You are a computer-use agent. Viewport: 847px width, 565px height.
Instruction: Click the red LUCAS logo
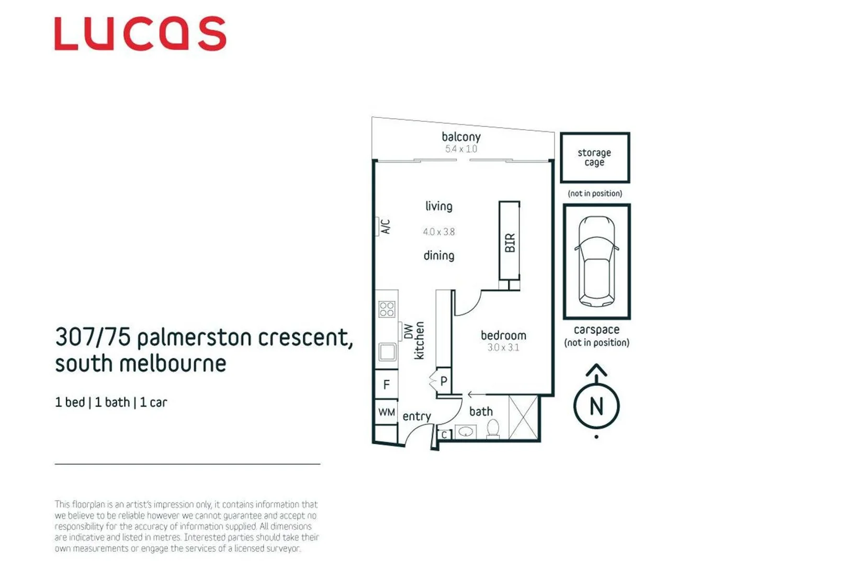(140, 33)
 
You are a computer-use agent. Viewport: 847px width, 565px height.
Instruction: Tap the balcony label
(461, 137)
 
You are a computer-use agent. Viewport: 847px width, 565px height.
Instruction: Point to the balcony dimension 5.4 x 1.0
(461, 149)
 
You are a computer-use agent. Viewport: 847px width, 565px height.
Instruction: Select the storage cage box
(595, 157)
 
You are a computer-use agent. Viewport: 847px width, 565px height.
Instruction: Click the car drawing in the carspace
(597, 262)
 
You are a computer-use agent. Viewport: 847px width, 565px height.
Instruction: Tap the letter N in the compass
(596, 406)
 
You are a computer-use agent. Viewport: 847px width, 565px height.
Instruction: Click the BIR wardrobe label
(510, 243)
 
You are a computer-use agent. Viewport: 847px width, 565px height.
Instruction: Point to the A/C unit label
(386, 227)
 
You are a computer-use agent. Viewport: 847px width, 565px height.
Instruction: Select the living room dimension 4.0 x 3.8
(438, 231)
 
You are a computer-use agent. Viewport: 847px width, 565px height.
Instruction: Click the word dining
(438, 256)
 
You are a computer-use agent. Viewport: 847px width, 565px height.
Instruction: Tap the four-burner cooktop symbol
(387, 309)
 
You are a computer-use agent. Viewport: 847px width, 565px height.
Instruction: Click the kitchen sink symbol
(387, 352)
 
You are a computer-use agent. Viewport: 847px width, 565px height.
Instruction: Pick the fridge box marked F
(386, 384)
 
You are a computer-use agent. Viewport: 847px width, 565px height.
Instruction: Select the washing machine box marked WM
(386, 412)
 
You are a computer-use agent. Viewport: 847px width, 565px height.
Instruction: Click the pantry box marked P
(444, 381)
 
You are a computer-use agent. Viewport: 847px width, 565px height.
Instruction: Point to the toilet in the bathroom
(493, 429)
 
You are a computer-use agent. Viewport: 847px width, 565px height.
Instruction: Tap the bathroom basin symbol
(466, 432)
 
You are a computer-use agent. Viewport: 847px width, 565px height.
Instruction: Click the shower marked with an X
(523, 417)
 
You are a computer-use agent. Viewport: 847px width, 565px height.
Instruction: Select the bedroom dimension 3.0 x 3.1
(503, 347)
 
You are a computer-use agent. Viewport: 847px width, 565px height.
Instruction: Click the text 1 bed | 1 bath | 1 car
(111, 402)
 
